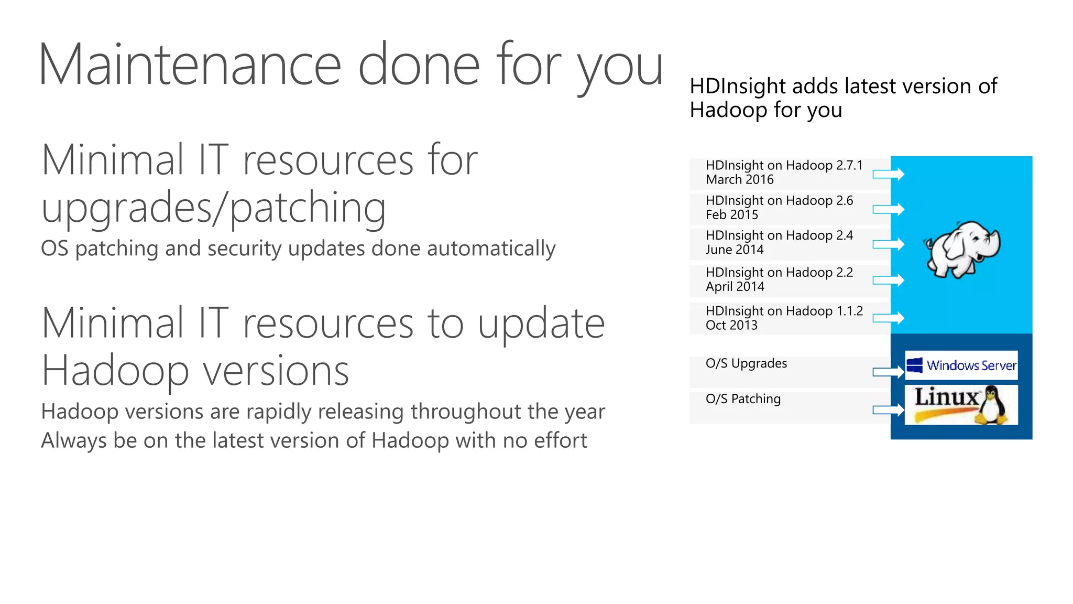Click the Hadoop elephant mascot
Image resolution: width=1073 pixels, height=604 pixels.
click(963, 249)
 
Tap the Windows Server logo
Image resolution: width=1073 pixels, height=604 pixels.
click(961, 365)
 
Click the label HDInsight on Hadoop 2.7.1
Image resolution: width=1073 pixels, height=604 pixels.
click(784, 165)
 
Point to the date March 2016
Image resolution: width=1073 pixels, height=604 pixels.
click(739, 180)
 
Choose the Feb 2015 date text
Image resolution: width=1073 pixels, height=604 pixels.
click(731, 215)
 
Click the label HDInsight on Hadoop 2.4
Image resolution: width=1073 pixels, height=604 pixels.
click(779, 235)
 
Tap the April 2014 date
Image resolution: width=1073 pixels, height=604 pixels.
click(735, 287)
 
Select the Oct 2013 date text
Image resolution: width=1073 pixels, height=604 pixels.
click(731, 326)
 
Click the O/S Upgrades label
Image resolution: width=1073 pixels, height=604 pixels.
click(746, 363)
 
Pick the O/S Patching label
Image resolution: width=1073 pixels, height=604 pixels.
click(743, 399)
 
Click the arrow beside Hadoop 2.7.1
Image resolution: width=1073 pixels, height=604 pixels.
click(889, 174)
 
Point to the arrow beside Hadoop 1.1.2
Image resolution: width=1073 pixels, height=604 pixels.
click(889, 318)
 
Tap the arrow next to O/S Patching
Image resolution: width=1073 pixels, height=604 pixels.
click(889, 409)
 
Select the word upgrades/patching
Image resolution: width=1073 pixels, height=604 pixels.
click(214, 208)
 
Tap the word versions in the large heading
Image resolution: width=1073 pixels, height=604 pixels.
click(276, 371)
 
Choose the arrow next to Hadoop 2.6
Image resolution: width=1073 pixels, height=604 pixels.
click(889, 209)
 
